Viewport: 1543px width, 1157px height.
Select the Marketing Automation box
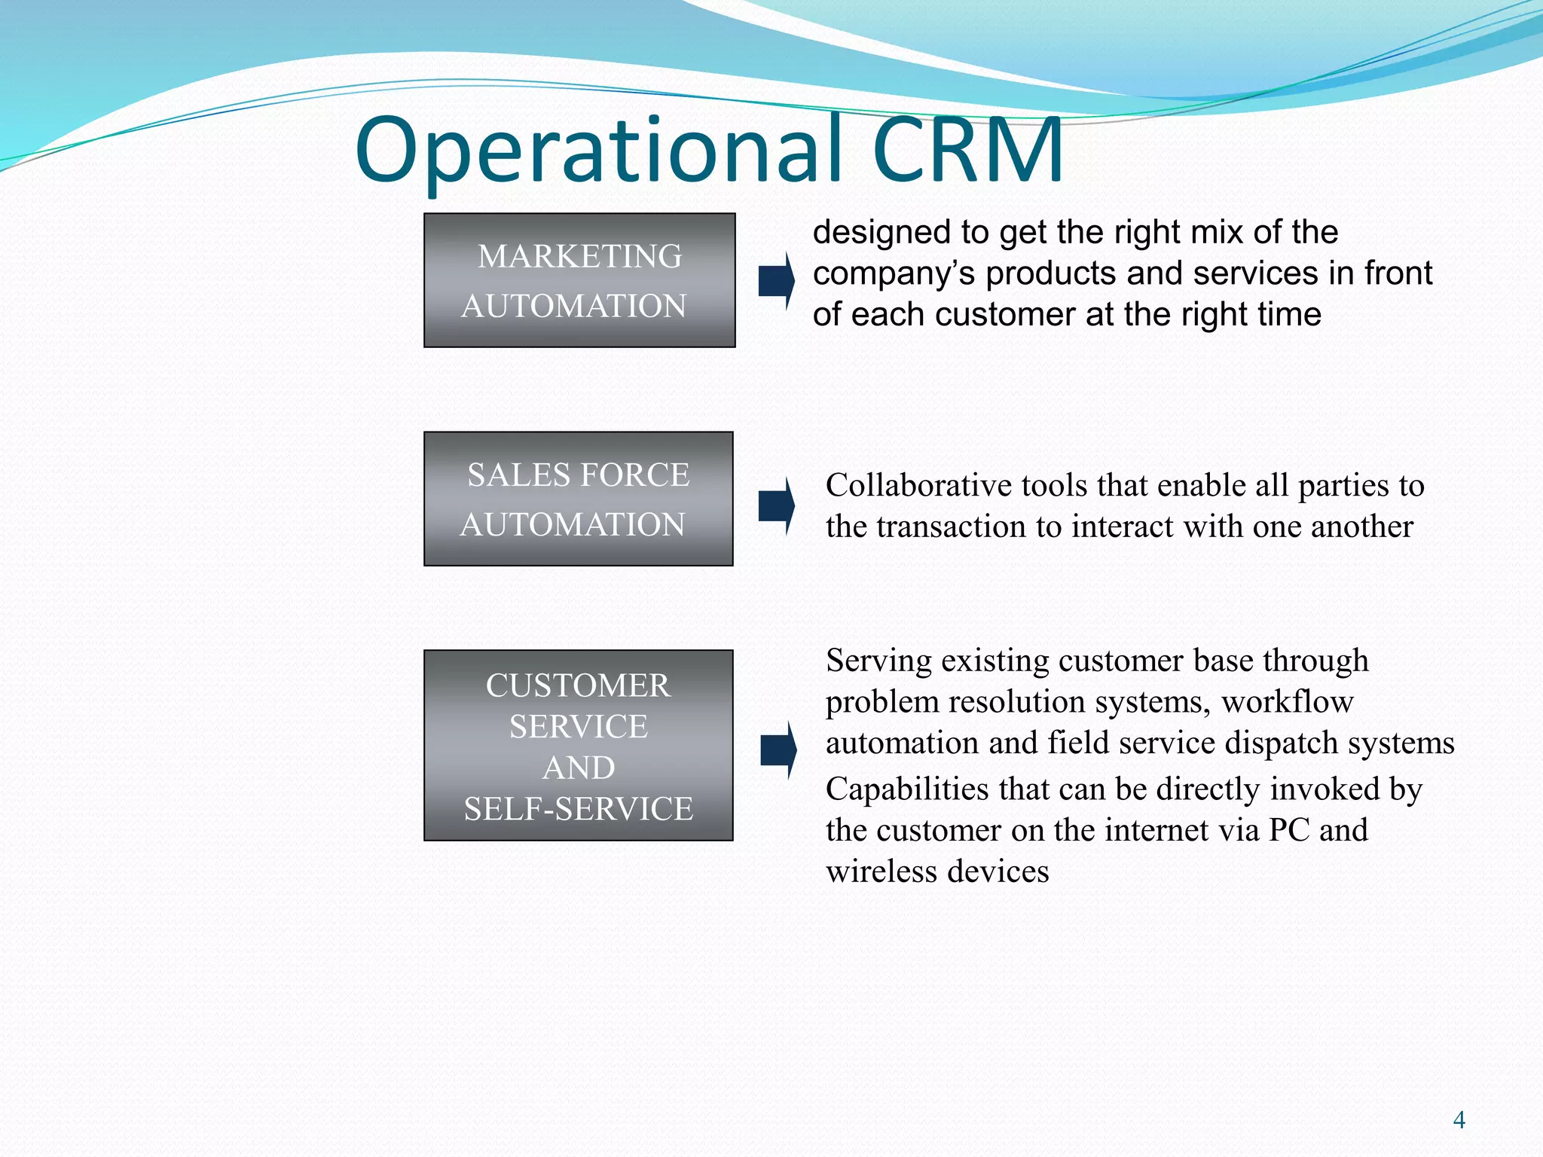tap(579, 280)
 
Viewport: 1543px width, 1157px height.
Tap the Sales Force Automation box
tap(578, 499)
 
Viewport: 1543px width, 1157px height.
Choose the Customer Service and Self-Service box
tap(578, 746)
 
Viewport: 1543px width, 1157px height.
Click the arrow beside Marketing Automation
tap(776, 280)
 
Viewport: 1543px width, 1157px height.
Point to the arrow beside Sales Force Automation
tap(776, 505)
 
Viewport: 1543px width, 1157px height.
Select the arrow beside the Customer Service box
tap(778, 750)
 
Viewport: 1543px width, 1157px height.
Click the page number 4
tap(1459, 1120)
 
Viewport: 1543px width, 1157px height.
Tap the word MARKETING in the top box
tap(579, 257)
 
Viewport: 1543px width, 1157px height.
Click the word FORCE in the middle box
tap(634, 475)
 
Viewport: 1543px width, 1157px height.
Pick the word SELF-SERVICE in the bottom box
tap(578, 809)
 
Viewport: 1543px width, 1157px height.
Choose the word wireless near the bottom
tap(881, 872)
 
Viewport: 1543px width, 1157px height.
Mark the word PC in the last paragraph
tap(1288, 830)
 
